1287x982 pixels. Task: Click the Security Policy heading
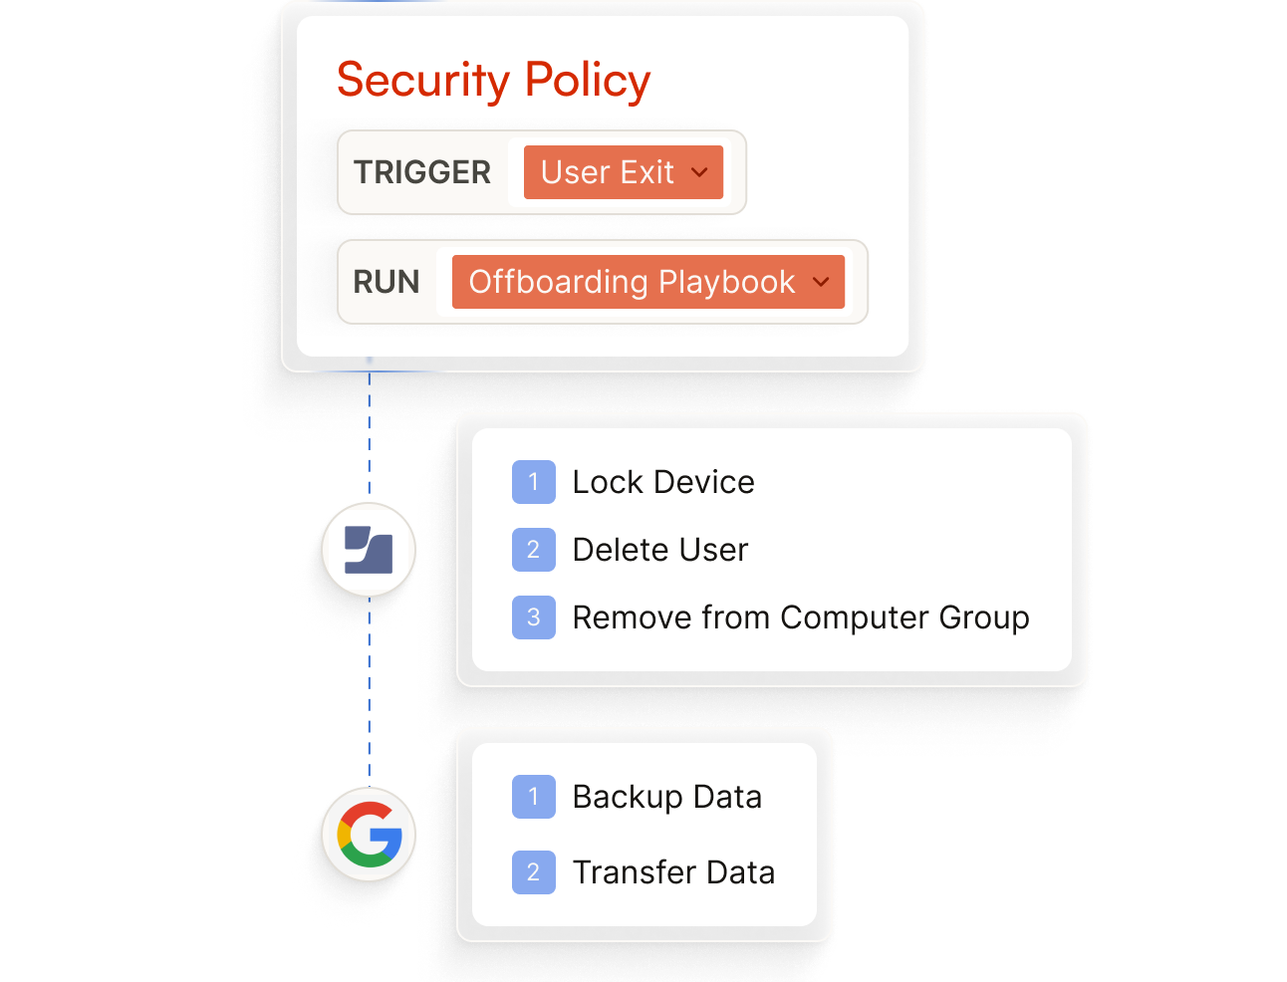coord(493,81)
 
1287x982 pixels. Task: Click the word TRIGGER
coord(422,172)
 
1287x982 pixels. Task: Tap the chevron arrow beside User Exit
coord(699,172)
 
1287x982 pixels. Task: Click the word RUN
coord(386,282)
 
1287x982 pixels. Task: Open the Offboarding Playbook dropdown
coord(647,282)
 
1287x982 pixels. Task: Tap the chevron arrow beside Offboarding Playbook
coord(821,282)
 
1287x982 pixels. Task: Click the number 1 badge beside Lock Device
coord(534,482)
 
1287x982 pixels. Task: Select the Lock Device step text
coord(663,482)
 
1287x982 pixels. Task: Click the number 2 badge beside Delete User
coord(534,550)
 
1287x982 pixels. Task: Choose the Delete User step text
coord(660,550)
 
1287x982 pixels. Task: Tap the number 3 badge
coord(534,617)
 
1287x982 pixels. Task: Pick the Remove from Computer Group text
coord(801,617)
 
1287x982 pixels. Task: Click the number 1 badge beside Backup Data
coord(534,797)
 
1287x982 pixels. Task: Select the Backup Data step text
coord(667,797)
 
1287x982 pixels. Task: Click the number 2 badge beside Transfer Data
coord(534,872)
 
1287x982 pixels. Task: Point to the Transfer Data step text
coord(673,872)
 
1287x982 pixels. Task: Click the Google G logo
coord(370,835)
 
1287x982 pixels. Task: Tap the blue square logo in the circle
coord(369,550)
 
